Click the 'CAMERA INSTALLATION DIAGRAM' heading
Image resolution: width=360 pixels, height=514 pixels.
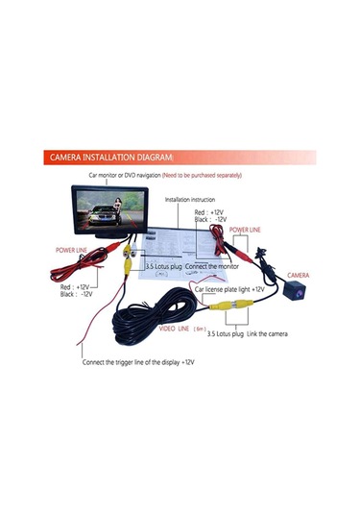[x=111, y=157]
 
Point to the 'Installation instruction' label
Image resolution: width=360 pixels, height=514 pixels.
[x=191, y=200]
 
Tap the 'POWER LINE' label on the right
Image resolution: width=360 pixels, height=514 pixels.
[x=242, y=231]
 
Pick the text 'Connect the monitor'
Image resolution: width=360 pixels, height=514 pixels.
[x=214, y=266]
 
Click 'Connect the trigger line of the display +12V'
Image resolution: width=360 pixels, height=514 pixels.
[x=138, y=362]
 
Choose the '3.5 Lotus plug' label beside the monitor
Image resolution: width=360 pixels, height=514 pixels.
[x=162, y=266]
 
